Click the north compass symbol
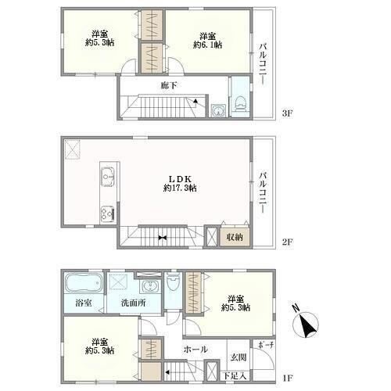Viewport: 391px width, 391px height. (x=305, y=324)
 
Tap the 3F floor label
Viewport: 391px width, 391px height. (x=288, y=113)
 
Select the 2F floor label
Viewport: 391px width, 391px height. (x=288, y=242)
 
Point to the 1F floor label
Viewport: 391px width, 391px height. (x=288, y=378)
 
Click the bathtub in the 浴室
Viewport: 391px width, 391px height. (x=84, y=283)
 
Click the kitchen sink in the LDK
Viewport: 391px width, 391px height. (x=108, y=177)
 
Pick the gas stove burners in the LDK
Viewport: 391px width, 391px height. (x=107, y=214)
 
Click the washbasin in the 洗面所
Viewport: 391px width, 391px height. (x=149, y=288)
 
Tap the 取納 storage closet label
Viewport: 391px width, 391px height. (x=235, y=237)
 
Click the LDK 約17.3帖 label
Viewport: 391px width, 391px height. (x=180, y=184)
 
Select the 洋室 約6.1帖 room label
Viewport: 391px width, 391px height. (x=208, y=41)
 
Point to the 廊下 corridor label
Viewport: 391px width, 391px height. (x=169, y=85)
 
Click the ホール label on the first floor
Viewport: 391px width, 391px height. (x=195, y=349)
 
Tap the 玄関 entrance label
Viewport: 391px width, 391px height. (x=239, y=357)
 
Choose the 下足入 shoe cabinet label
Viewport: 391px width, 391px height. (x=235, y=376)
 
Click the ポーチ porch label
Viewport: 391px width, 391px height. (x=266, y=345)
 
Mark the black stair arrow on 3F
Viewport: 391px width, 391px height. (x=195, y=101)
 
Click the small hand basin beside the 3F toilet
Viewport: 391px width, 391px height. (x=218, y=110)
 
